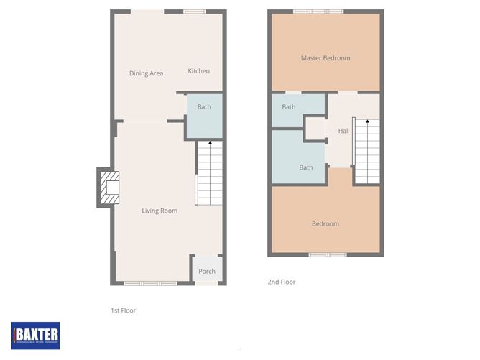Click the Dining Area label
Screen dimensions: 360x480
146,73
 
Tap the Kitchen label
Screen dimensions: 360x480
199,71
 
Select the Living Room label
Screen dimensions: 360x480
160,211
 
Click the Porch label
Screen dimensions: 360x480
207,271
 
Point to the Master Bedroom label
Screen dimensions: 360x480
326,58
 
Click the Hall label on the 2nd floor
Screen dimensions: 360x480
344,131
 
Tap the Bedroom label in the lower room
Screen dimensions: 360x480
325,223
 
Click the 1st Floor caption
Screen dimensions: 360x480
123,310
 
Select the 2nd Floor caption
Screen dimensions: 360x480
281,282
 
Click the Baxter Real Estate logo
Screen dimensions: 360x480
35,334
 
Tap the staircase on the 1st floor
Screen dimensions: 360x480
209,173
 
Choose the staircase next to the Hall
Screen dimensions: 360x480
366,152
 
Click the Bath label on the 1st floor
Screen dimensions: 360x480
205,107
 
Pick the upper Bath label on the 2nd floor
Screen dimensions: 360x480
289,107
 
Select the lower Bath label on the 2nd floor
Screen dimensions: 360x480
306,167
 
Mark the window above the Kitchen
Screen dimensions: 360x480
194,11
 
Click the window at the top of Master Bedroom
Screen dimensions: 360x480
318,11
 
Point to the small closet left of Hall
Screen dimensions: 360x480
315,130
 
